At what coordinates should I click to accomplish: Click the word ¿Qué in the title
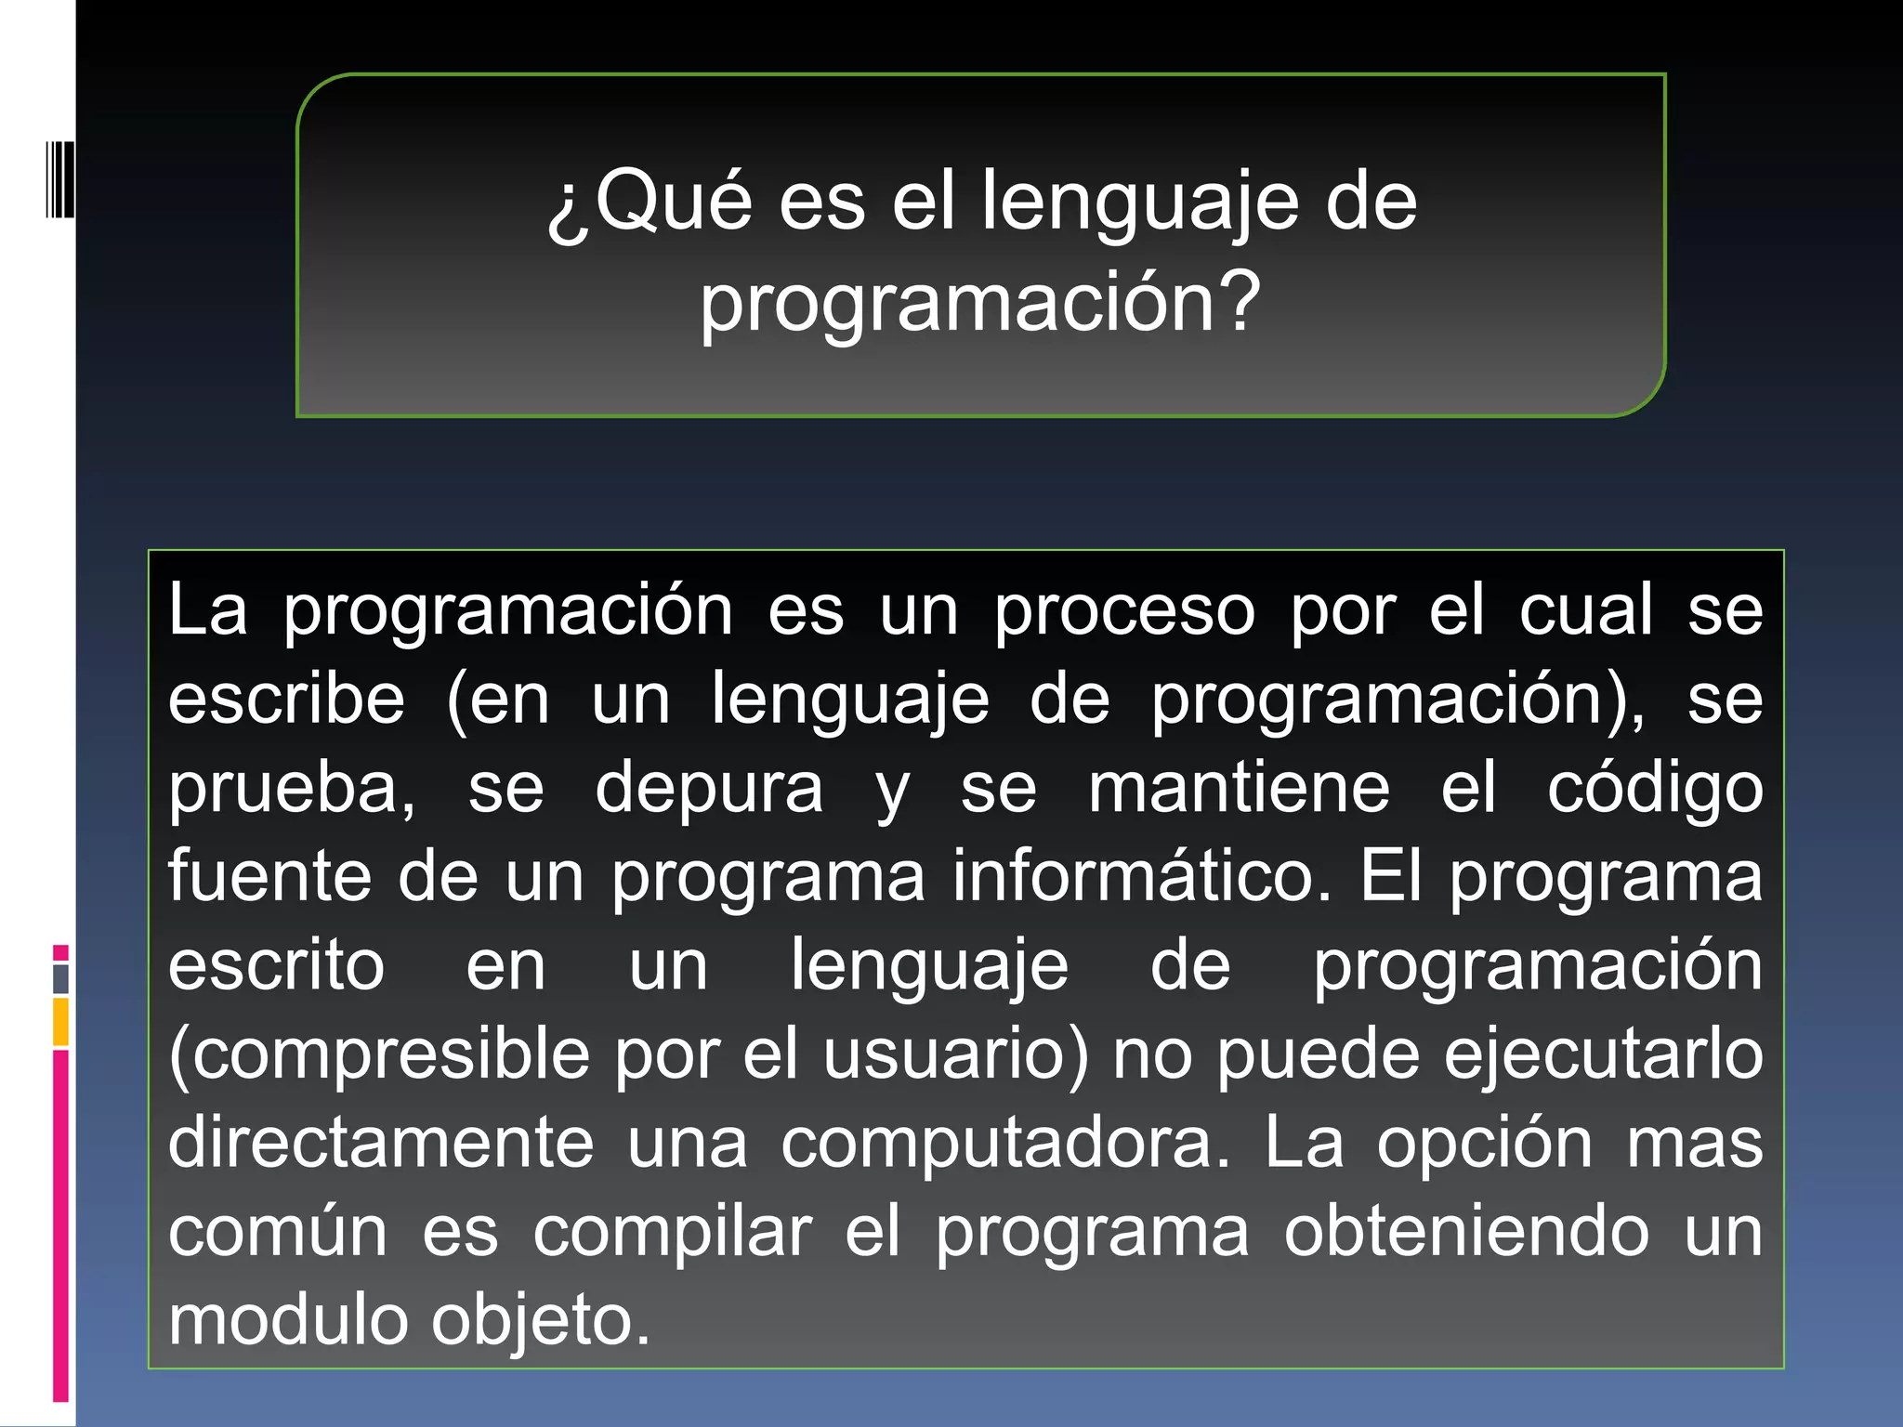650,202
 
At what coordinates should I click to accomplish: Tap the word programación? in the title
980,303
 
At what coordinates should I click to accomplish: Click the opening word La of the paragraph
208,610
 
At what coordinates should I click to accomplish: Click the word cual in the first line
1586,610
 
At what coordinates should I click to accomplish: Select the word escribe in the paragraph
286,699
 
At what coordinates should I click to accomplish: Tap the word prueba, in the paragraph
292,789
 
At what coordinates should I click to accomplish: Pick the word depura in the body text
708,789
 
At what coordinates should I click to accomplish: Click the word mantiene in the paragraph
1239,787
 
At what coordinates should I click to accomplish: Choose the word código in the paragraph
1654,789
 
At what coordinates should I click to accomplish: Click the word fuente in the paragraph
269,875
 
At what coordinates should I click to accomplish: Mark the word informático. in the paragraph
1142,875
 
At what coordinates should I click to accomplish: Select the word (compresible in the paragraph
379,1055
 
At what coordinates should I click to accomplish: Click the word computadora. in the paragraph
1004,1144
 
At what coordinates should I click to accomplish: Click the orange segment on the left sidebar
60,1022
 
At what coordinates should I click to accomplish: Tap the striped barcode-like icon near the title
59,178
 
